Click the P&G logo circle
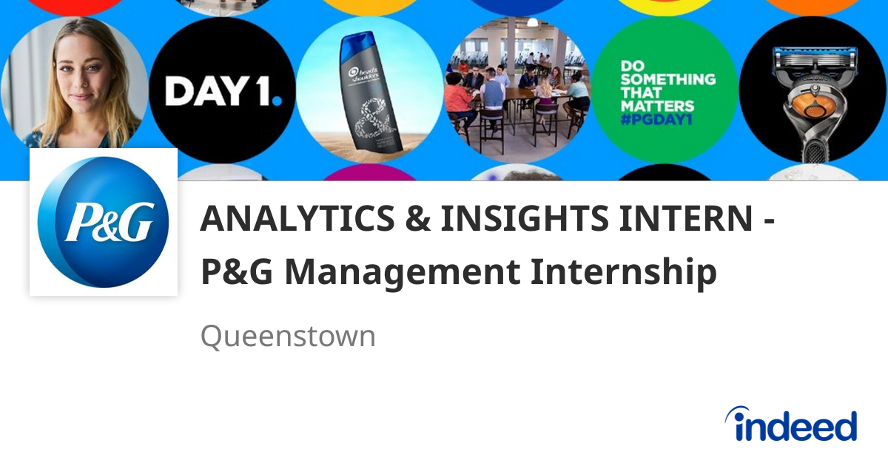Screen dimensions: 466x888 click(x=104, y=222)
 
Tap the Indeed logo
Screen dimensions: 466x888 click(x=791, y=425)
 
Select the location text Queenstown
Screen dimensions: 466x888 click(x=288, y=337)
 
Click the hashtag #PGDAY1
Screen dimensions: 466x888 click(x=656, y=120)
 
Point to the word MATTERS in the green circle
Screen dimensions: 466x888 click(x=658, y=106)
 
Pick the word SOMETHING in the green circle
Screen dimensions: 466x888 click(x=668, y=78)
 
